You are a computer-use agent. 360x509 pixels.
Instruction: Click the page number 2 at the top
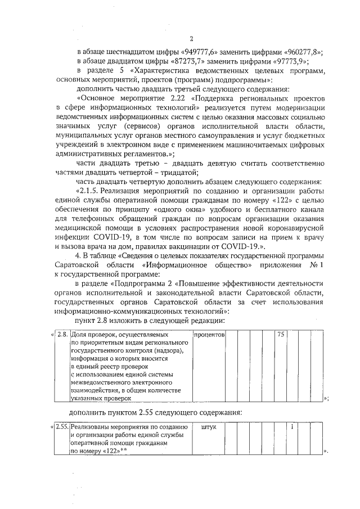click(191, 39)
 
